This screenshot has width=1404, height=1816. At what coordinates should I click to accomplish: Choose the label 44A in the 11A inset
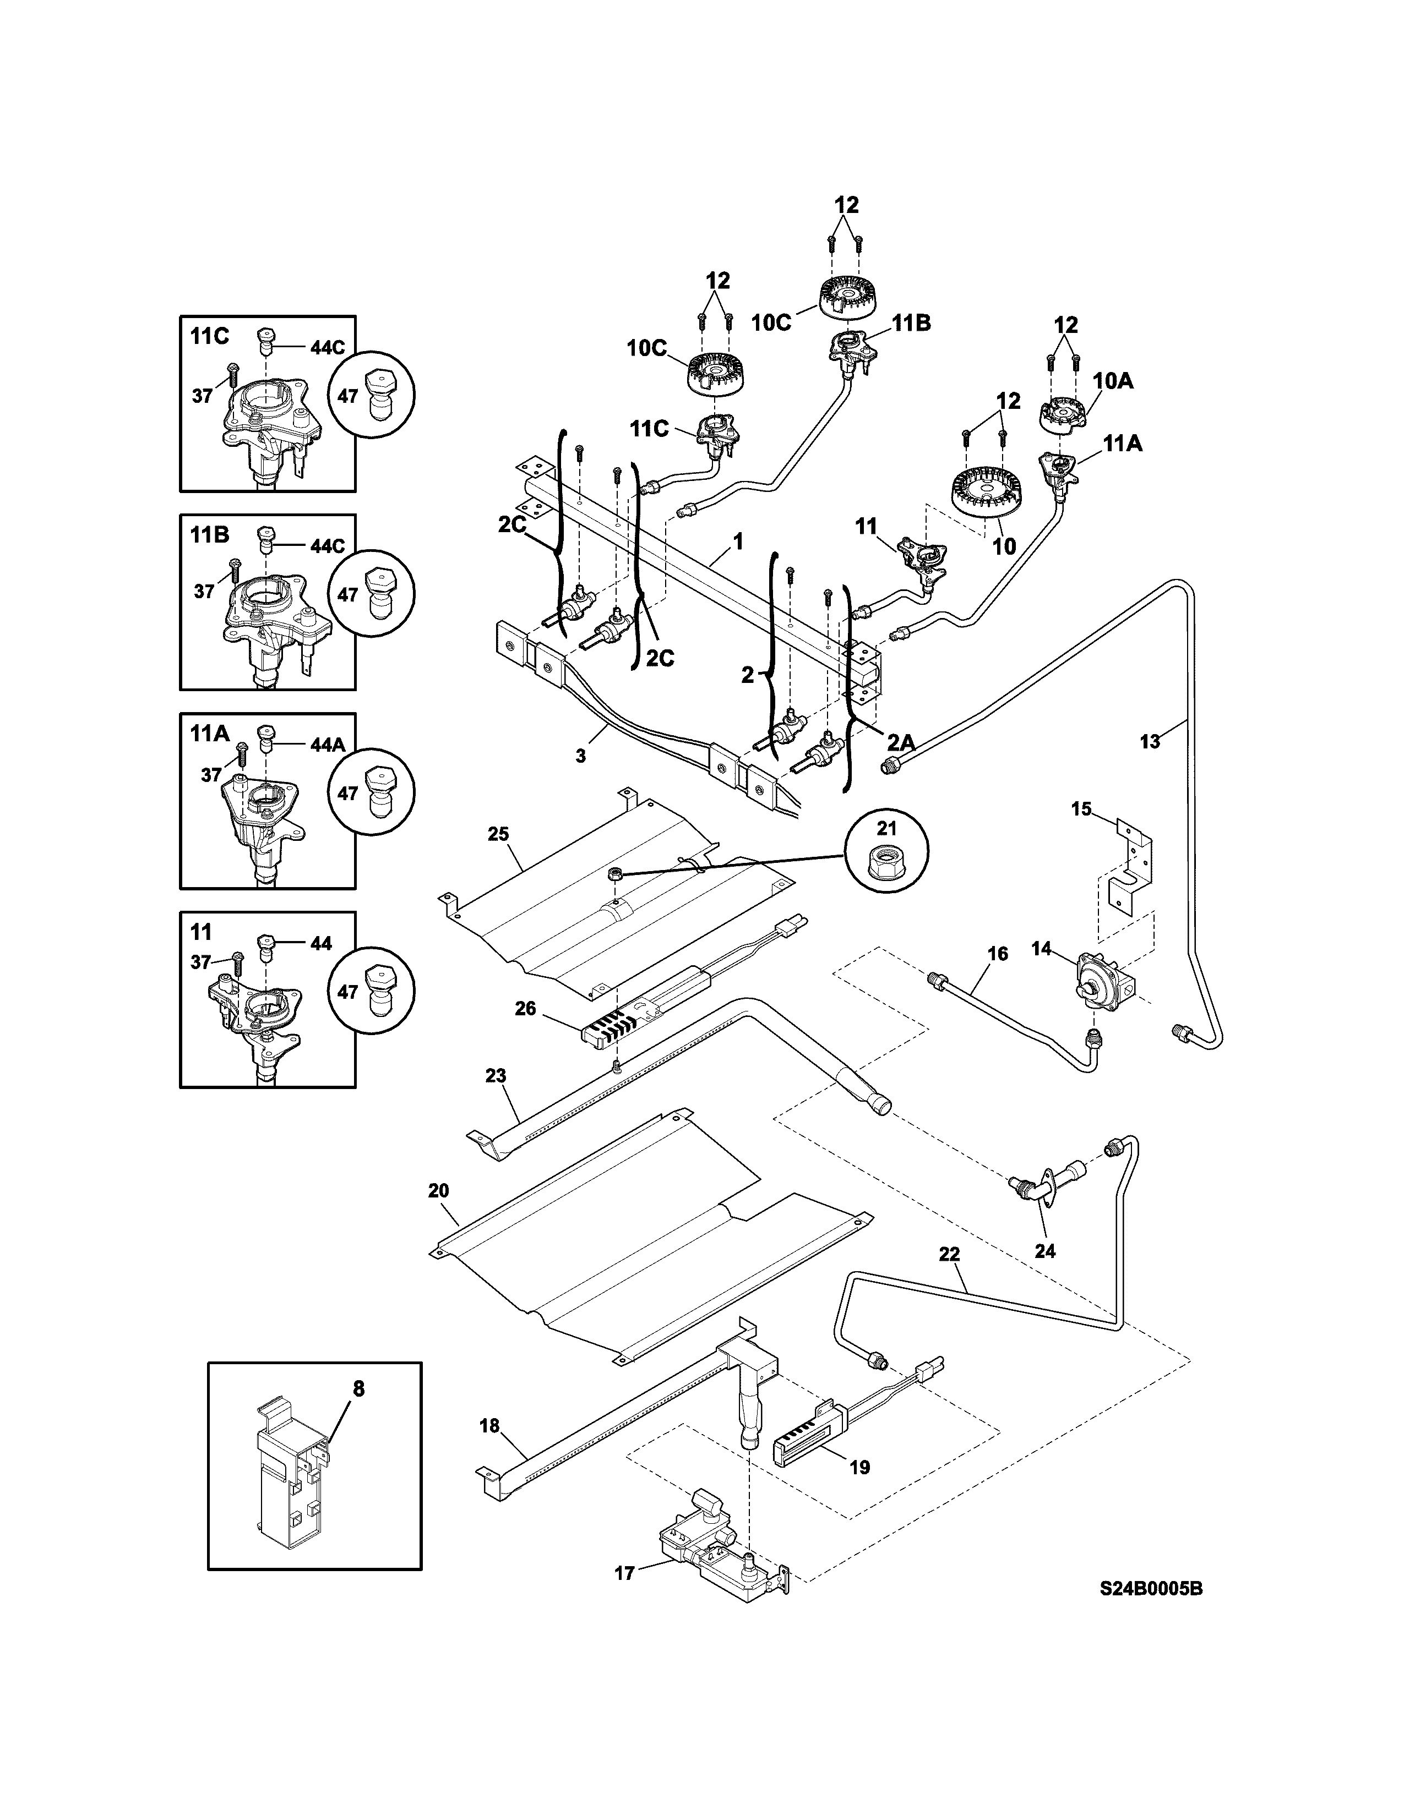point(327,745)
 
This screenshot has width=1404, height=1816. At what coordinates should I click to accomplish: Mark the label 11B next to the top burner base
point(912,324)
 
